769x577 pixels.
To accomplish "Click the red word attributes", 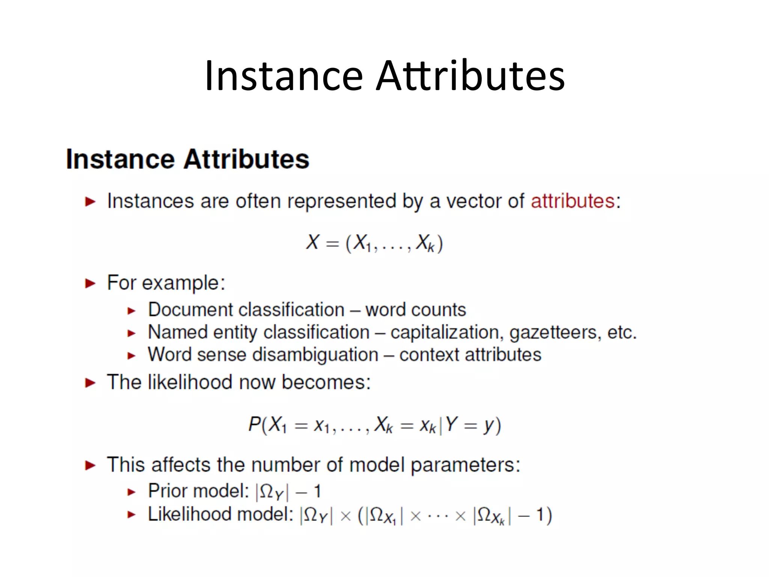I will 572,201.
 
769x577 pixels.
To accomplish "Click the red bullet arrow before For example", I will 90,283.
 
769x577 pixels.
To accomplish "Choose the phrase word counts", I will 416,310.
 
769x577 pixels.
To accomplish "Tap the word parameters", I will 465,465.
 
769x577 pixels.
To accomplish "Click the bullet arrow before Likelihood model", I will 131,515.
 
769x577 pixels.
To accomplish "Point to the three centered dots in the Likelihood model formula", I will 438,516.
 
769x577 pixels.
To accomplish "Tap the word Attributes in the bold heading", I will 246,159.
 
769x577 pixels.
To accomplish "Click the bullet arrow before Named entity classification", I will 131,333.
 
